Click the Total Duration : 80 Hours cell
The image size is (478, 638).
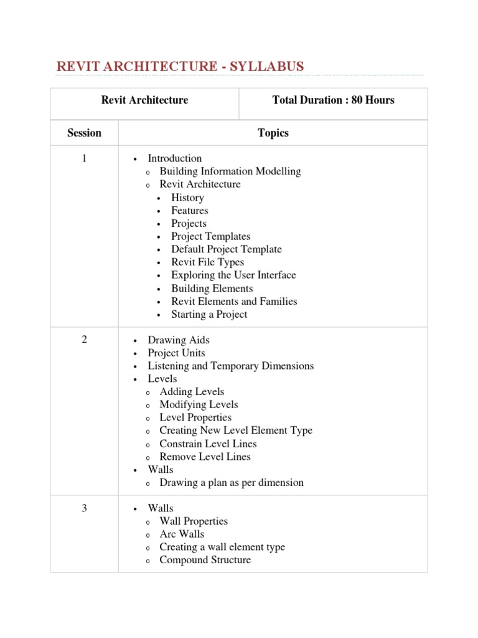tap(333, 100)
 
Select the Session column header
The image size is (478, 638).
tap(84, 133)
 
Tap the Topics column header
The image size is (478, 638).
tap(273, 133)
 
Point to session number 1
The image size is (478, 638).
tap(84, 158)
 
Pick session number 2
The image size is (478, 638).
tap(84, 340)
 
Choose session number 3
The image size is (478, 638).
tap(84, 508)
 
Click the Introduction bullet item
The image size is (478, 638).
tap(174, 158)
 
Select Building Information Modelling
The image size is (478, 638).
tap(230, 171)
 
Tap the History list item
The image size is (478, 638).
tap(187, 198)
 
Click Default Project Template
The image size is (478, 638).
tap(227, 249)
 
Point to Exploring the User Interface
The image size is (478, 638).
tap(233, 275)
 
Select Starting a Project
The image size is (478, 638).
tap(209, 315)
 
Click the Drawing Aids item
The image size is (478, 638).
tap(179, 340)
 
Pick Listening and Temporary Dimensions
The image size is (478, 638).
tap(230, 366)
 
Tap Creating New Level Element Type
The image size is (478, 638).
tap(236, 431)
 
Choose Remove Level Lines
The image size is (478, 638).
tap(205, 457)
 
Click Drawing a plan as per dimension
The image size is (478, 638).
tap(232, 483)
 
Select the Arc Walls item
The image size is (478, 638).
tap(182, 535)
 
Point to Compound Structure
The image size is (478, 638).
tap(205, 560)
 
